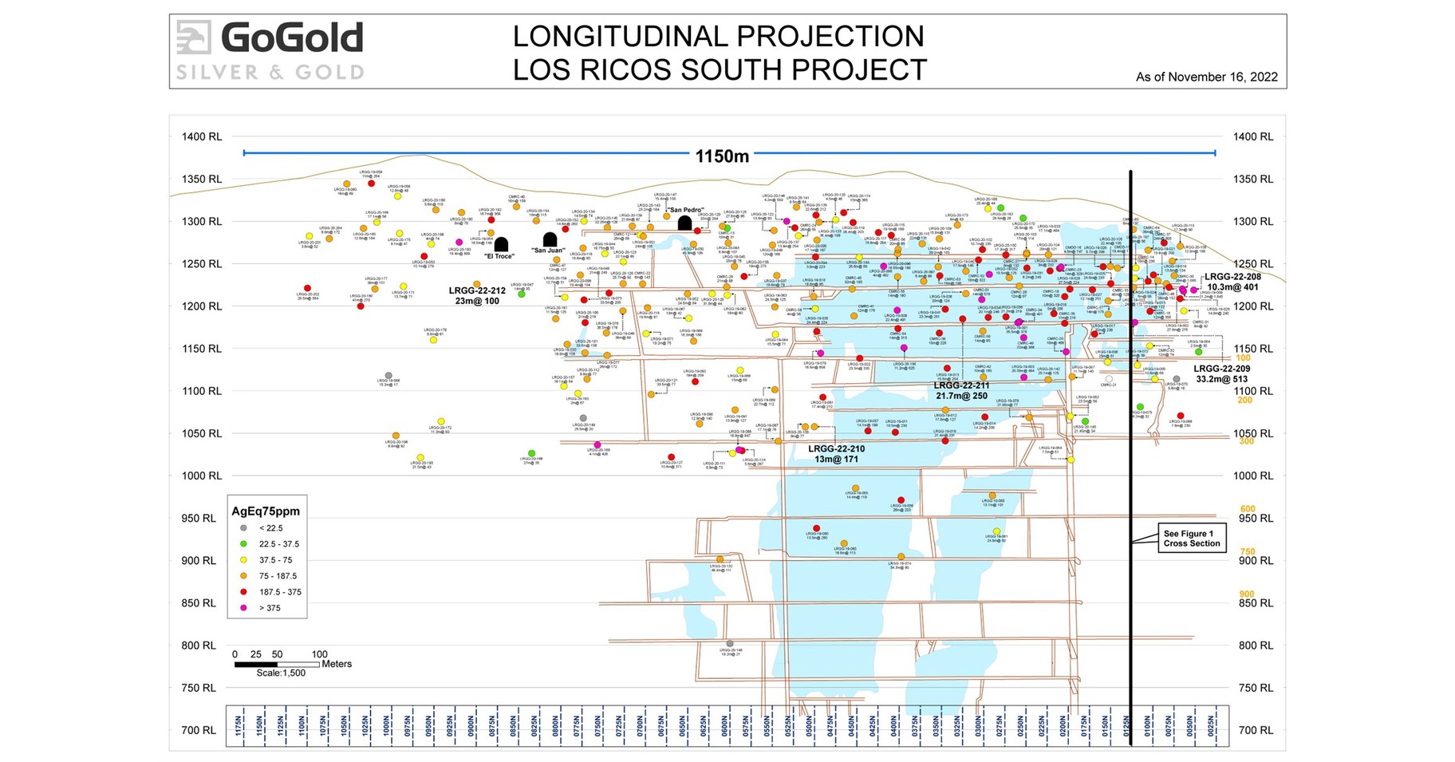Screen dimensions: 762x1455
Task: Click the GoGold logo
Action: click(270, 49)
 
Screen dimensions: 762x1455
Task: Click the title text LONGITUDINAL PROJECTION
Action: click(718, 37)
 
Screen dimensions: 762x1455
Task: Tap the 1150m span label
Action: click(722, 156)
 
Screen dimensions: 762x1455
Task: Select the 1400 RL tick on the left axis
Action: click(202, 136)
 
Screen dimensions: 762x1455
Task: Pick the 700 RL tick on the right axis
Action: click(1253, 730)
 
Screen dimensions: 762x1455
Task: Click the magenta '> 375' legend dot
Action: click(244, 608)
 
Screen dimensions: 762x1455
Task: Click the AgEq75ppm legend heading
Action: click(265, 511)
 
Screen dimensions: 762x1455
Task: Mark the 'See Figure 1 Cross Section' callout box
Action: click(1191, 539)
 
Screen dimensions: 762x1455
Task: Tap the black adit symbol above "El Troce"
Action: click(501, 244)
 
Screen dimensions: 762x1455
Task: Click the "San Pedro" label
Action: click(686, 211)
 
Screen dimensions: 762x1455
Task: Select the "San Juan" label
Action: click(548, 251)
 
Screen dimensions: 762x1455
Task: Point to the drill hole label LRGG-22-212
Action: click(477, 291)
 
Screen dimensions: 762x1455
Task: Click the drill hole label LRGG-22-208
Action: click(1232, 277)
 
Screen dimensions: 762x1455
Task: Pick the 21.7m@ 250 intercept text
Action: click(961, 396)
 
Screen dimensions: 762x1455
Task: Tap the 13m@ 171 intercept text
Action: click(836, 460)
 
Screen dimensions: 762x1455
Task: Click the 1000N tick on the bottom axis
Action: click(386, 726)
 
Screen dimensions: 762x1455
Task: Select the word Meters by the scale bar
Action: click(336, 664)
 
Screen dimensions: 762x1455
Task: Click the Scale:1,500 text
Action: click(281, 673)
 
